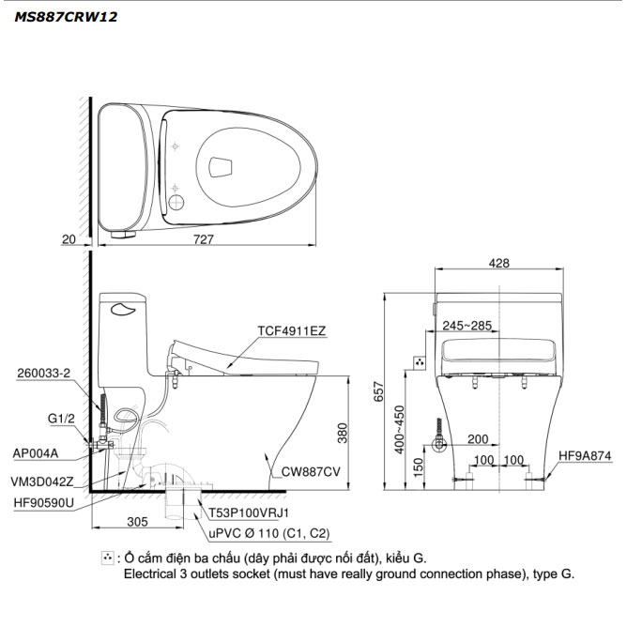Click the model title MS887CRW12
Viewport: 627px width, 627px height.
click(x=66, y=17)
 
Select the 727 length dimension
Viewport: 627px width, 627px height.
click(x=204, y=239)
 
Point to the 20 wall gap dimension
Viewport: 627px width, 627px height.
click(x=69, y=239)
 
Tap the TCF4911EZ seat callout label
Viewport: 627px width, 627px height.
click(x=292, y=331)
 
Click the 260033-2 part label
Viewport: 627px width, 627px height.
click(x=43, y=373)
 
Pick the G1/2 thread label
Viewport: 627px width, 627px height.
click(x=61, y=419)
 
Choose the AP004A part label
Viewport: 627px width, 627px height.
click(x=36, y=453)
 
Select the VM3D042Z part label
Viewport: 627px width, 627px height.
click(x=42, y=482)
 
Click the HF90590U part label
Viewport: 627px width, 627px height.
click(x=44, y=503)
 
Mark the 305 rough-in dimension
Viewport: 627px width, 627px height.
click(x=138, y=522)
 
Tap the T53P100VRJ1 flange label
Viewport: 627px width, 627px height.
click(x=249, y=513)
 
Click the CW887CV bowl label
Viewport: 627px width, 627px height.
click(x=311, y=472)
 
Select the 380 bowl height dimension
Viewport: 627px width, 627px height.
click(x=343, y=433)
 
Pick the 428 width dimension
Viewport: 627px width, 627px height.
click(x=499, y=263)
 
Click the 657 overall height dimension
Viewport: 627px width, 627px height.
click(x=378, y=392)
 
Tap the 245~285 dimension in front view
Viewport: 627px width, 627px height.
click(x=467, y=326)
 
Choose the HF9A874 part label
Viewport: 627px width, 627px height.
click(x=585, y=456)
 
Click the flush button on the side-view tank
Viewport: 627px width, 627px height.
click(x=124, y=309)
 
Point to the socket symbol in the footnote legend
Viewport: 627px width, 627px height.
click(x=108, y=558)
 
